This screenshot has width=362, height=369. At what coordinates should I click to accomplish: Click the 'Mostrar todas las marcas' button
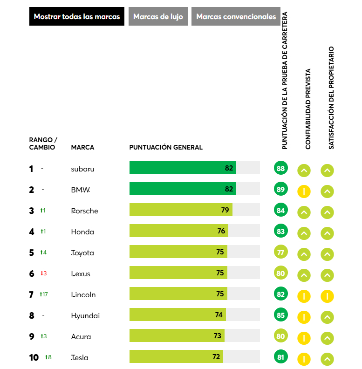(77, 16)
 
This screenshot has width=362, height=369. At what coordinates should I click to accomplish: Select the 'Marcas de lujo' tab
(158, 16)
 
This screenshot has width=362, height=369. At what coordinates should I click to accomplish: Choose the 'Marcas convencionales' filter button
(236, 16)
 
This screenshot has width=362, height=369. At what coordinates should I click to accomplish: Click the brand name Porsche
(84, 211)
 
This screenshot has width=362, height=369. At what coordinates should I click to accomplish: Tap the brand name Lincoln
(83, 294)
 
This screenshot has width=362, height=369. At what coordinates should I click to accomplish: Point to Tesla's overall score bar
(176, 357)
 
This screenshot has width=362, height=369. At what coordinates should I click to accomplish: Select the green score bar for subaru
(183, 168)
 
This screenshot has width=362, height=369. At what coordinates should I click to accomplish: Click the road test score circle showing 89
(280, 190)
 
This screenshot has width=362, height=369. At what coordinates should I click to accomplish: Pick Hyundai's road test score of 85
(280, 315)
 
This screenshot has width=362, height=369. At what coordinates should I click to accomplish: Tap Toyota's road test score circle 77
(280, 253)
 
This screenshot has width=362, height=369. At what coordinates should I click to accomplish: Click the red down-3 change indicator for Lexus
(44, 273)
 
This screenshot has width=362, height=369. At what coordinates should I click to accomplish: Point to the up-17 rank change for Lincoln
(44, 294)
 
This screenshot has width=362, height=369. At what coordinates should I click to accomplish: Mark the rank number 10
(34, 357)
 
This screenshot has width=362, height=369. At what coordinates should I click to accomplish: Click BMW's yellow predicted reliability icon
(304, 191)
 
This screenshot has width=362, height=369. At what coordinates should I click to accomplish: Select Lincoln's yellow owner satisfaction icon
(327, 296)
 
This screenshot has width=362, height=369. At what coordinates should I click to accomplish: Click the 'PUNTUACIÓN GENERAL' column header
(166, 147)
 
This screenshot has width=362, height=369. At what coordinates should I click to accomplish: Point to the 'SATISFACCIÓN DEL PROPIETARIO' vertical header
(331, 98)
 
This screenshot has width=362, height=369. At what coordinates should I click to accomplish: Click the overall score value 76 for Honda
(221, 231)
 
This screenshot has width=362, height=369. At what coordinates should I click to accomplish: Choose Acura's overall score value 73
(218, 336)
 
